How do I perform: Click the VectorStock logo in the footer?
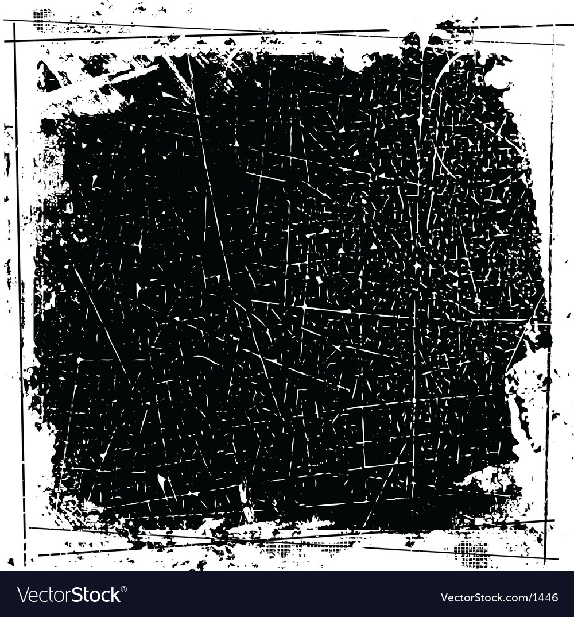point(69,595)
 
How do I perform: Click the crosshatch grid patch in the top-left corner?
point(41,18)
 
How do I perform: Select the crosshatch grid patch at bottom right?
point(472,553)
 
